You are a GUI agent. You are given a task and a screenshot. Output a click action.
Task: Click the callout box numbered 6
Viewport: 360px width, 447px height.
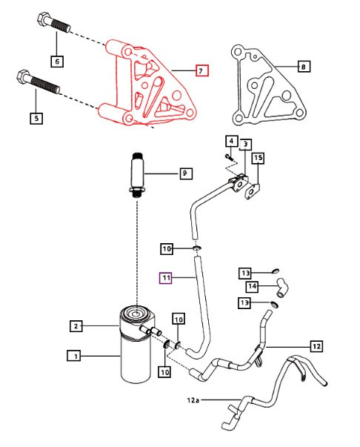pyautogui.click(x=57, y=62)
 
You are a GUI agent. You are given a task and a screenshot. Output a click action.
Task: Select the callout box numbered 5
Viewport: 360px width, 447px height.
pyautogui.click(x=35, y=117)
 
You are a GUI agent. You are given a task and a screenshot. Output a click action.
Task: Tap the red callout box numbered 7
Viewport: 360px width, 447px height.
pyautogui.click(x=201, y=71)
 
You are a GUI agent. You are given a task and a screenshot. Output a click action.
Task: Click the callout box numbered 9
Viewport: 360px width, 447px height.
pyautogui.click(x=185, y=174)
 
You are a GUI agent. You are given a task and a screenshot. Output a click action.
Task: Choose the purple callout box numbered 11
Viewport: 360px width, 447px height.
pyautogui.click(x=167, y=278)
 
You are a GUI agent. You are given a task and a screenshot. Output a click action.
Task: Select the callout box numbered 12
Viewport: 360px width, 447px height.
pyautogui.click(x=317, y=345)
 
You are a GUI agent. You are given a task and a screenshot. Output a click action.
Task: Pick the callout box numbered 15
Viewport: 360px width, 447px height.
pyautogui.click(x=258, y=158)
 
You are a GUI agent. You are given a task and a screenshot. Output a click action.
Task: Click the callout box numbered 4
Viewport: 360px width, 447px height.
pyautogui.click(x=230, y=142)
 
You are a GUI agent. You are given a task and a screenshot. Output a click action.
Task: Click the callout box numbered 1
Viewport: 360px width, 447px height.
pyautogui.click(x=74, y=356)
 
